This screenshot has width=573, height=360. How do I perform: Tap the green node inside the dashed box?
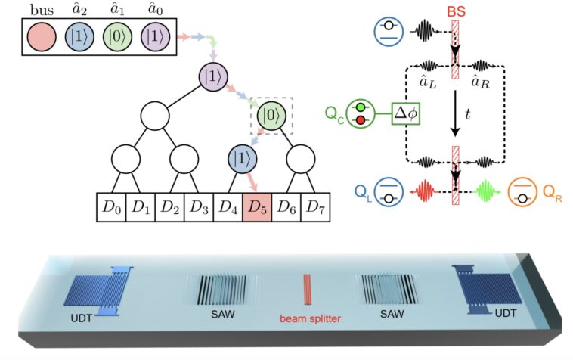click(x=271, y=116)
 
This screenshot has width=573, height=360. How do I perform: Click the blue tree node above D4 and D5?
click(x=242, y=161)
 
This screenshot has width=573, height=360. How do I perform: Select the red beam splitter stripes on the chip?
click(x=308, y=291)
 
